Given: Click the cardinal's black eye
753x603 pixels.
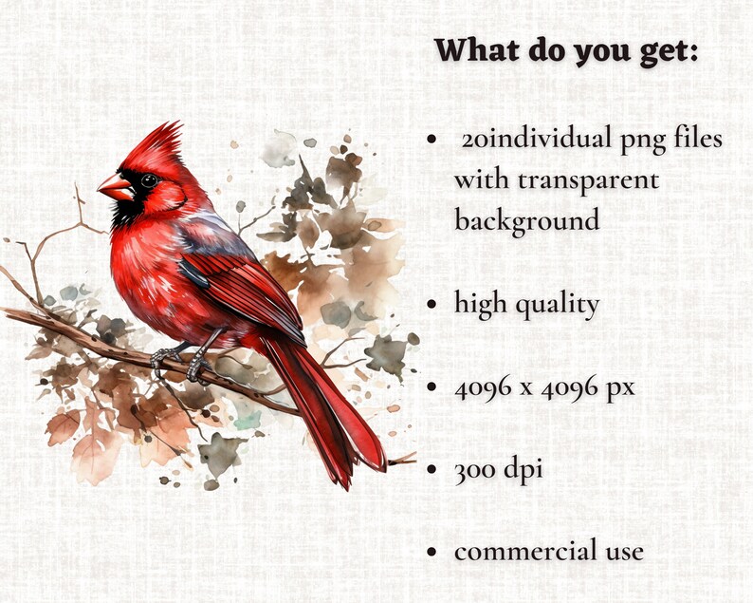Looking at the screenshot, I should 149,180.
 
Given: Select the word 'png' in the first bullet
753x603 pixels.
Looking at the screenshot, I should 643,140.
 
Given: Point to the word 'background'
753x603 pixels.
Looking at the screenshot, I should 526,220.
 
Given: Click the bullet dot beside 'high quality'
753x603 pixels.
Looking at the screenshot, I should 432,305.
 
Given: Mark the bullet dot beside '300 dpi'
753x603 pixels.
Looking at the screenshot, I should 432,469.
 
